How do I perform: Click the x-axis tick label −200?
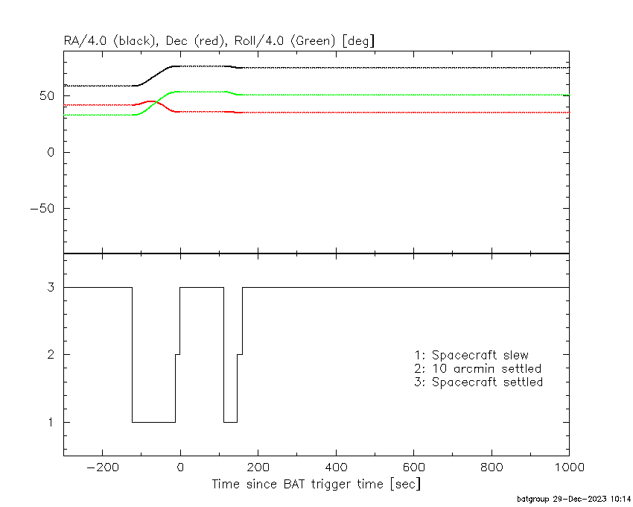(x=103, y=467)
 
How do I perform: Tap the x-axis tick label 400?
(x=336, y=467)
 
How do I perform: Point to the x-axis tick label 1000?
(x=569, y=467)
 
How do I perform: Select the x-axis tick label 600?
(x=414, y=467)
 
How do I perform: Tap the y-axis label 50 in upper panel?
(x=47, y=96)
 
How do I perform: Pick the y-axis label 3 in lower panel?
(x=51, y=287)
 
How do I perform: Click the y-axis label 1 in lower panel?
(x=51, y=422)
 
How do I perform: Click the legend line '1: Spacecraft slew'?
(x=471, y=355)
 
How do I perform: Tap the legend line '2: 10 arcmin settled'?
(x=478, y=369)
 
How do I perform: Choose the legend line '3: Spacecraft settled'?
(x=479, y=382)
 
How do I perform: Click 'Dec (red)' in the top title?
(x=195, y=41)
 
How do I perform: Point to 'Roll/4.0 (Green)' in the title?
(x=285, y=41)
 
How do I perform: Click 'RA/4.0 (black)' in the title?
(x=111, y=41)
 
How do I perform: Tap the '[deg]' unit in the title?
(x=358, y=41)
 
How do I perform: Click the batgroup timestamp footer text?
(x=573, y=499)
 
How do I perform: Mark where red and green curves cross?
(x=156, y=102)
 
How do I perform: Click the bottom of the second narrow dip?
(x=230, y=422)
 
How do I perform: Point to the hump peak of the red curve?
(x=151, y=101)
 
